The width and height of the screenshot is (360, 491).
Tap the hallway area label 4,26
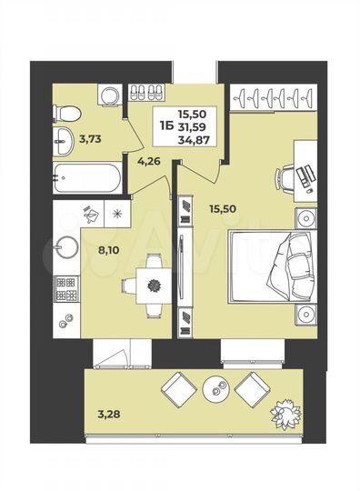point(148,164)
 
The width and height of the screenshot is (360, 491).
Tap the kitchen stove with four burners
point(66,288)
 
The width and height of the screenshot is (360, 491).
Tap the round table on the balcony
point(216,389)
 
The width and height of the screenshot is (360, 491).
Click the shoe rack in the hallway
point(145,93)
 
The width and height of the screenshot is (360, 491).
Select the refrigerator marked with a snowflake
point(117,215)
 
